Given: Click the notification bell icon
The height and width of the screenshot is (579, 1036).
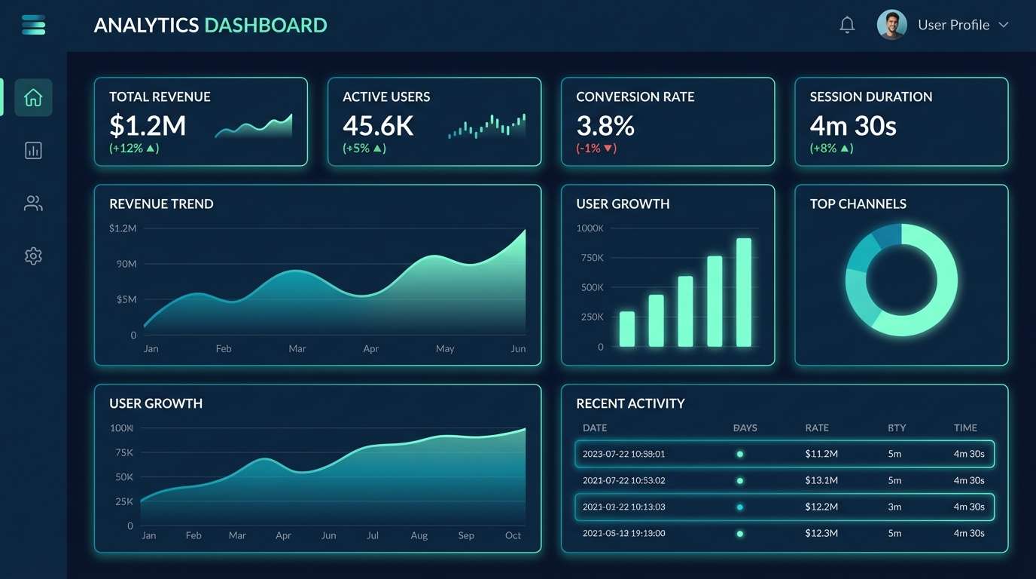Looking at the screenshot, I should (847, 25).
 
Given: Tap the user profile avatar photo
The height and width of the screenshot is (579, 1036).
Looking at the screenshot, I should (891, 25).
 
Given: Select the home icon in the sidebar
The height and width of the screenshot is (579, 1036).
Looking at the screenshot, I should (33, 97).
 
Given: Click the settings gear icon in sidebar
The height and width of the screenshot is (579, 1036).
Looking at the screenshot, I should (33, 256).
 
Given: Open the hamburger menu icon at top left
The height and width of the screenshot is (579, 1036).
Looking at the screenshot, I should (34, 25).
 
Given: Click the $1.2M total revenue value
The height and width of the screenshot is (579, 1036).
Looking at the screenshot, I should (148, 125).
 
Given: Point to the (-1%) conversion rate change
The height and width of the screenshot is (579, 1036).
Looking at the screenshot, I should (596, 149).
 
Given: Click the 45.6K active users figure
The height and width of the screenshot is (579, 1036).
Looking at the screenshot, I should (378, 125).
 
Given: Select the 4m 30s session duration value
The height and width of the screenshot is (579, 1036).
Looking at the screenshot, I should (853, 125).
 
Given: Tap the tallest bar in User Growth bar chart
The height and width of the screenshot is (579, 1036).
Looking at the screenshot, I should (744, 293).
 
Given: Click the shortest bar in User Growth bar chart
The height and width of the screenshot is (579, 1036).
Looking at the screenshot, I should (626, 329).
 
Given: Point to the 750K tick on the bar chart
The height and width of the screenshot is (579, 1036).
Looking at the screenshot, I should (590, 258).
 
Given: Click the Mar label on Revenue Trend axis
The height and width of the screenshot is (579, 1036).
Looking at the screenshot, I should (297, 349).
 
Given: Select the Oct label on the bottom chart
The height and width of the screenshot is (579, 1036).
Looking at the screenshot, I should (513, 535).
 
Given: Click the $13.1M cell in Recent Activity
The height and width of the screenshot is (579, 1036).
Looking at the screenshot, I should (821, 480).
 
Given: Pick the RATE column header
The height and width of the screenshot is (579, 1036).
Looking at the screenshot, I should (817, 427).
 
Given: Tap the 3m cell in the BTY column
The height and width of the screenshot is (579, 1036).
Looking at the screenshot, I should (894, 507).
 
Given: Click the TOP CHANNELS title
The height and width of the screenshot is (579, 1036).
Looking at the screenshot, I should (858, 204).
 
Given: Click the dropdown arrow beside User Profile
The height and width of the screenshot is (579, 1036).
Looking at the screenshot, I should (1004, 25).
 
